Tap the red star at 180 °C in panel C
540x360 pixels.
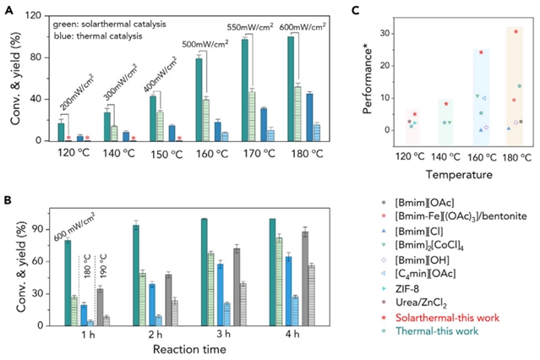[x=515, y=32]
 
